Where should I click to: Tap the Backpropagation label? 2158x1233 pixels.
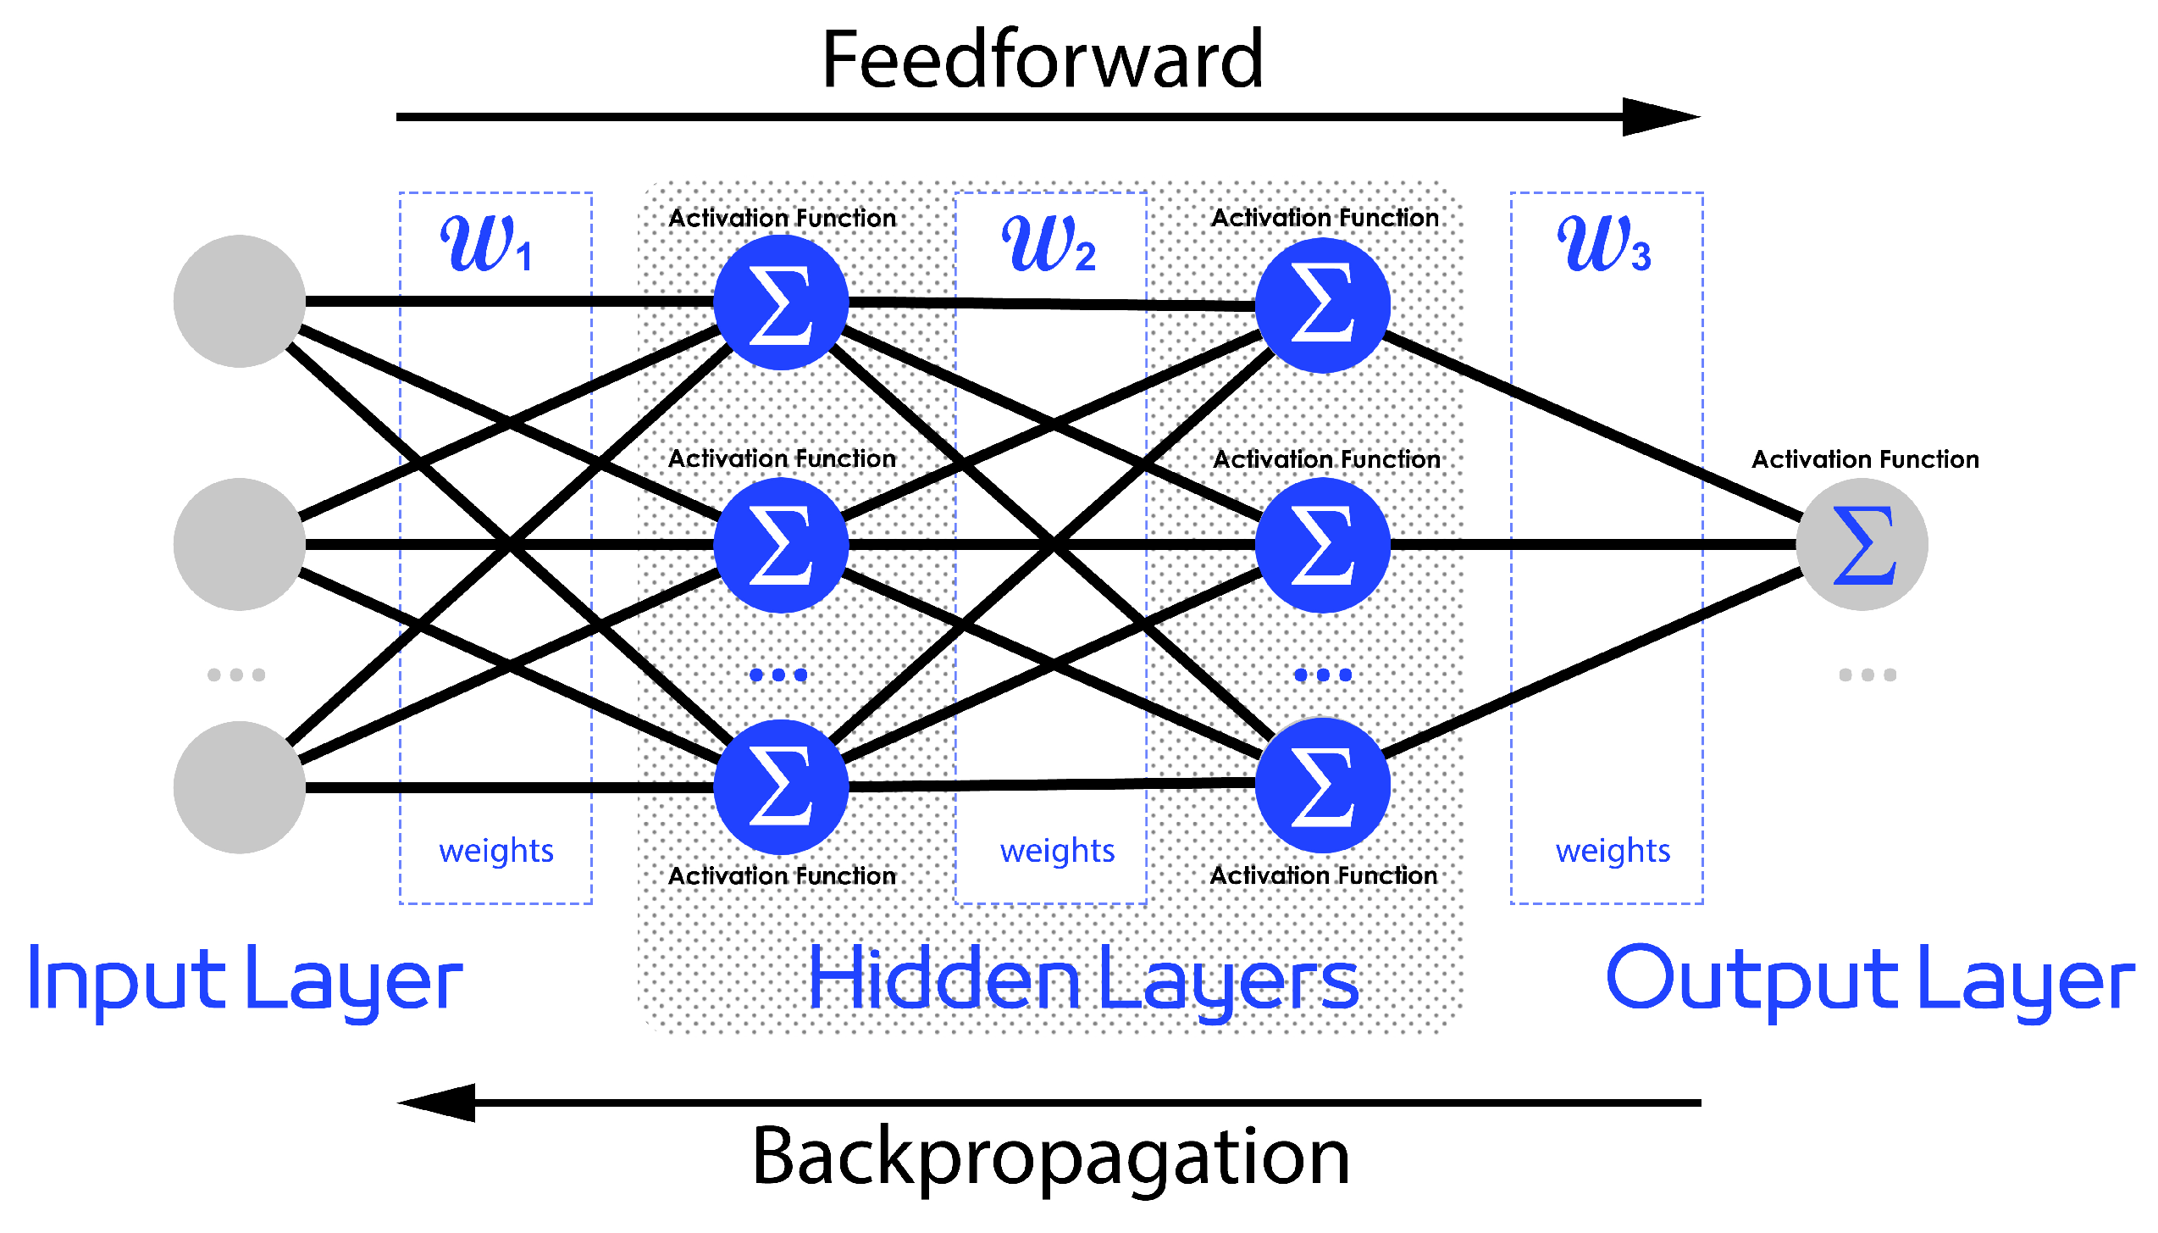click(x=1050, y=1157)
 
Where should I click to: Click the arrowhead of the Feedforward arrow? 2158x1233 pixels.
click(x=1660, y=117)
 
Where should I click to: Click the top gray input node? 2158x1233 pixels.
click(x=240, y=301)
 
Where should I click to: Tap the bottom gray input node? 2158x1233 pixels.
click(x=240, y=787)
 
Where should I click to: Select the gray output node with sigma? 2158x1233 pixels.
click(x=1862, y=544)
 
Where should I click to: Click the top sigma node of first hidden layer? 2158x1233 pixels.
click(x=781, y=303)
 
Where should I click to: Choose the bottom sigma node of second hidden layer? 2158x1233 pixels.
click(x=1322, y=786)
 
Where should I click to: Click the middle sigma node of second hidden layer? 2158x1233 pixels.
click(x=1322, y=545)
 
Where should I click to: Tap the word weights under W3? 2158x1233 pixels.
click(x=1613, y=851)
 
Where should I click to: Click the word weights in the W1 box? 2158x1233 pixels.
click(x=496, y=851)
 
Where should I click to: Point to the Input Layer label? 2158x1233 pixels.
click(x=246, y=980)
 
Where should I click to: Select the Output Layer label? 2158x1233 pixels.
click(x=1870, y=980)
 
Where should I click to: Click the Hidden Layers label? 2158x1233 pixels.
click(x=1084, y=980)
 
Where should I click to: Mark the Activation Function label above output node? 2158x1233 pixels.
click(x=1865, y=459)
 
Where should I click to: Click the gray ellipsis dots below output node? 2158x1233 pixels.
click(x=1868, y=675)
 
